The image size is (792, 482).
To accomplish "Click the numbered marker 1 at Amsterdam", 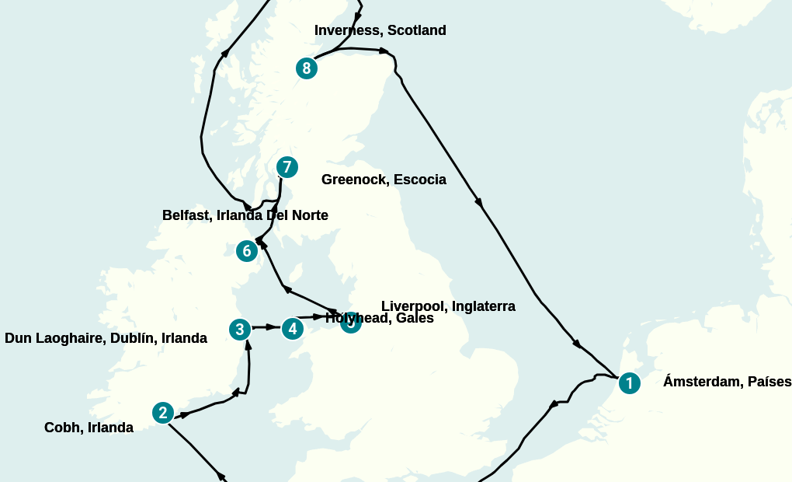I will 629,382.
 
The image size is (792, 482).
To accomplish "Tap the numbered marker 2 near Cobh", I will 162,413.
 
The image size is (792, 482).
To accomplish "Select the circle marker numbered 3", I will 240,330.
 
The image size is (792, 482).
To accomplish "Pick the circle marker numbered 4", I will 292,329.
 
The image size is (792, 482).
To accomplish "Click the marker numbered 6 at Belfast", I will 247,251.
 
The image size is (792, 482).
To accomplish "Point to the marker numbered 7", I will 287,167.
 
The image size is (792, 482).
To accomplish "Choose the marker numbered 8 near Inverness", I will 307,68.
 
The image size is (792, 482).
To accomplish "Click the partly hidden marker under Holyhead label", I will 350,323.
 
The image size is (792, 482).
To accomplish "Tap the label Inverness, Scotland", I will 380,30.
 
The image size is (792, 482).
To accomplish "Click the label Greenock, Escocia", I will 384,180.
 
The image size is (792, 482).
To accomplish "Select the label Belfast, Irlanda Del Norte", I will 245,215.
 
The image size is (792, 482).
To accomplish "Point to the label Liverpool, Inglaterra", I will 448,306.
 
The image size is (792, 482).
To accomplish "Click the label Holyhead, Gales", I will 380,318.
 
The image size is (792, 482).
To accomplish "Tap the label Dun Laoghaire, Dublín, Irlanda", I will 106,338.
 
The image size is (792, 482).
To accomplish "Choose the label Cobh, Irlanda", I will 89,428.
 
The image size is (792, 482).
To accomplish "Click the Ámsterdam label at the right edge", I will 727,382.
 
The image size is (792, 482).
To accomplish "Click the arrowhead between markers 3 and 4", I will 271,327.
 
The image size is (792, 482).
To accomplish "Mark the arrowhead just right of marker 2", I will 184,414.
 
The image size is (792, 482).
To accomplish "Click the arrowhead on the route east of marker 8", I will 384,51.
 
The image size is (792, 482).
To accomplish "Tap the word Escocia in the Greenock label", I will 420,180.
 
